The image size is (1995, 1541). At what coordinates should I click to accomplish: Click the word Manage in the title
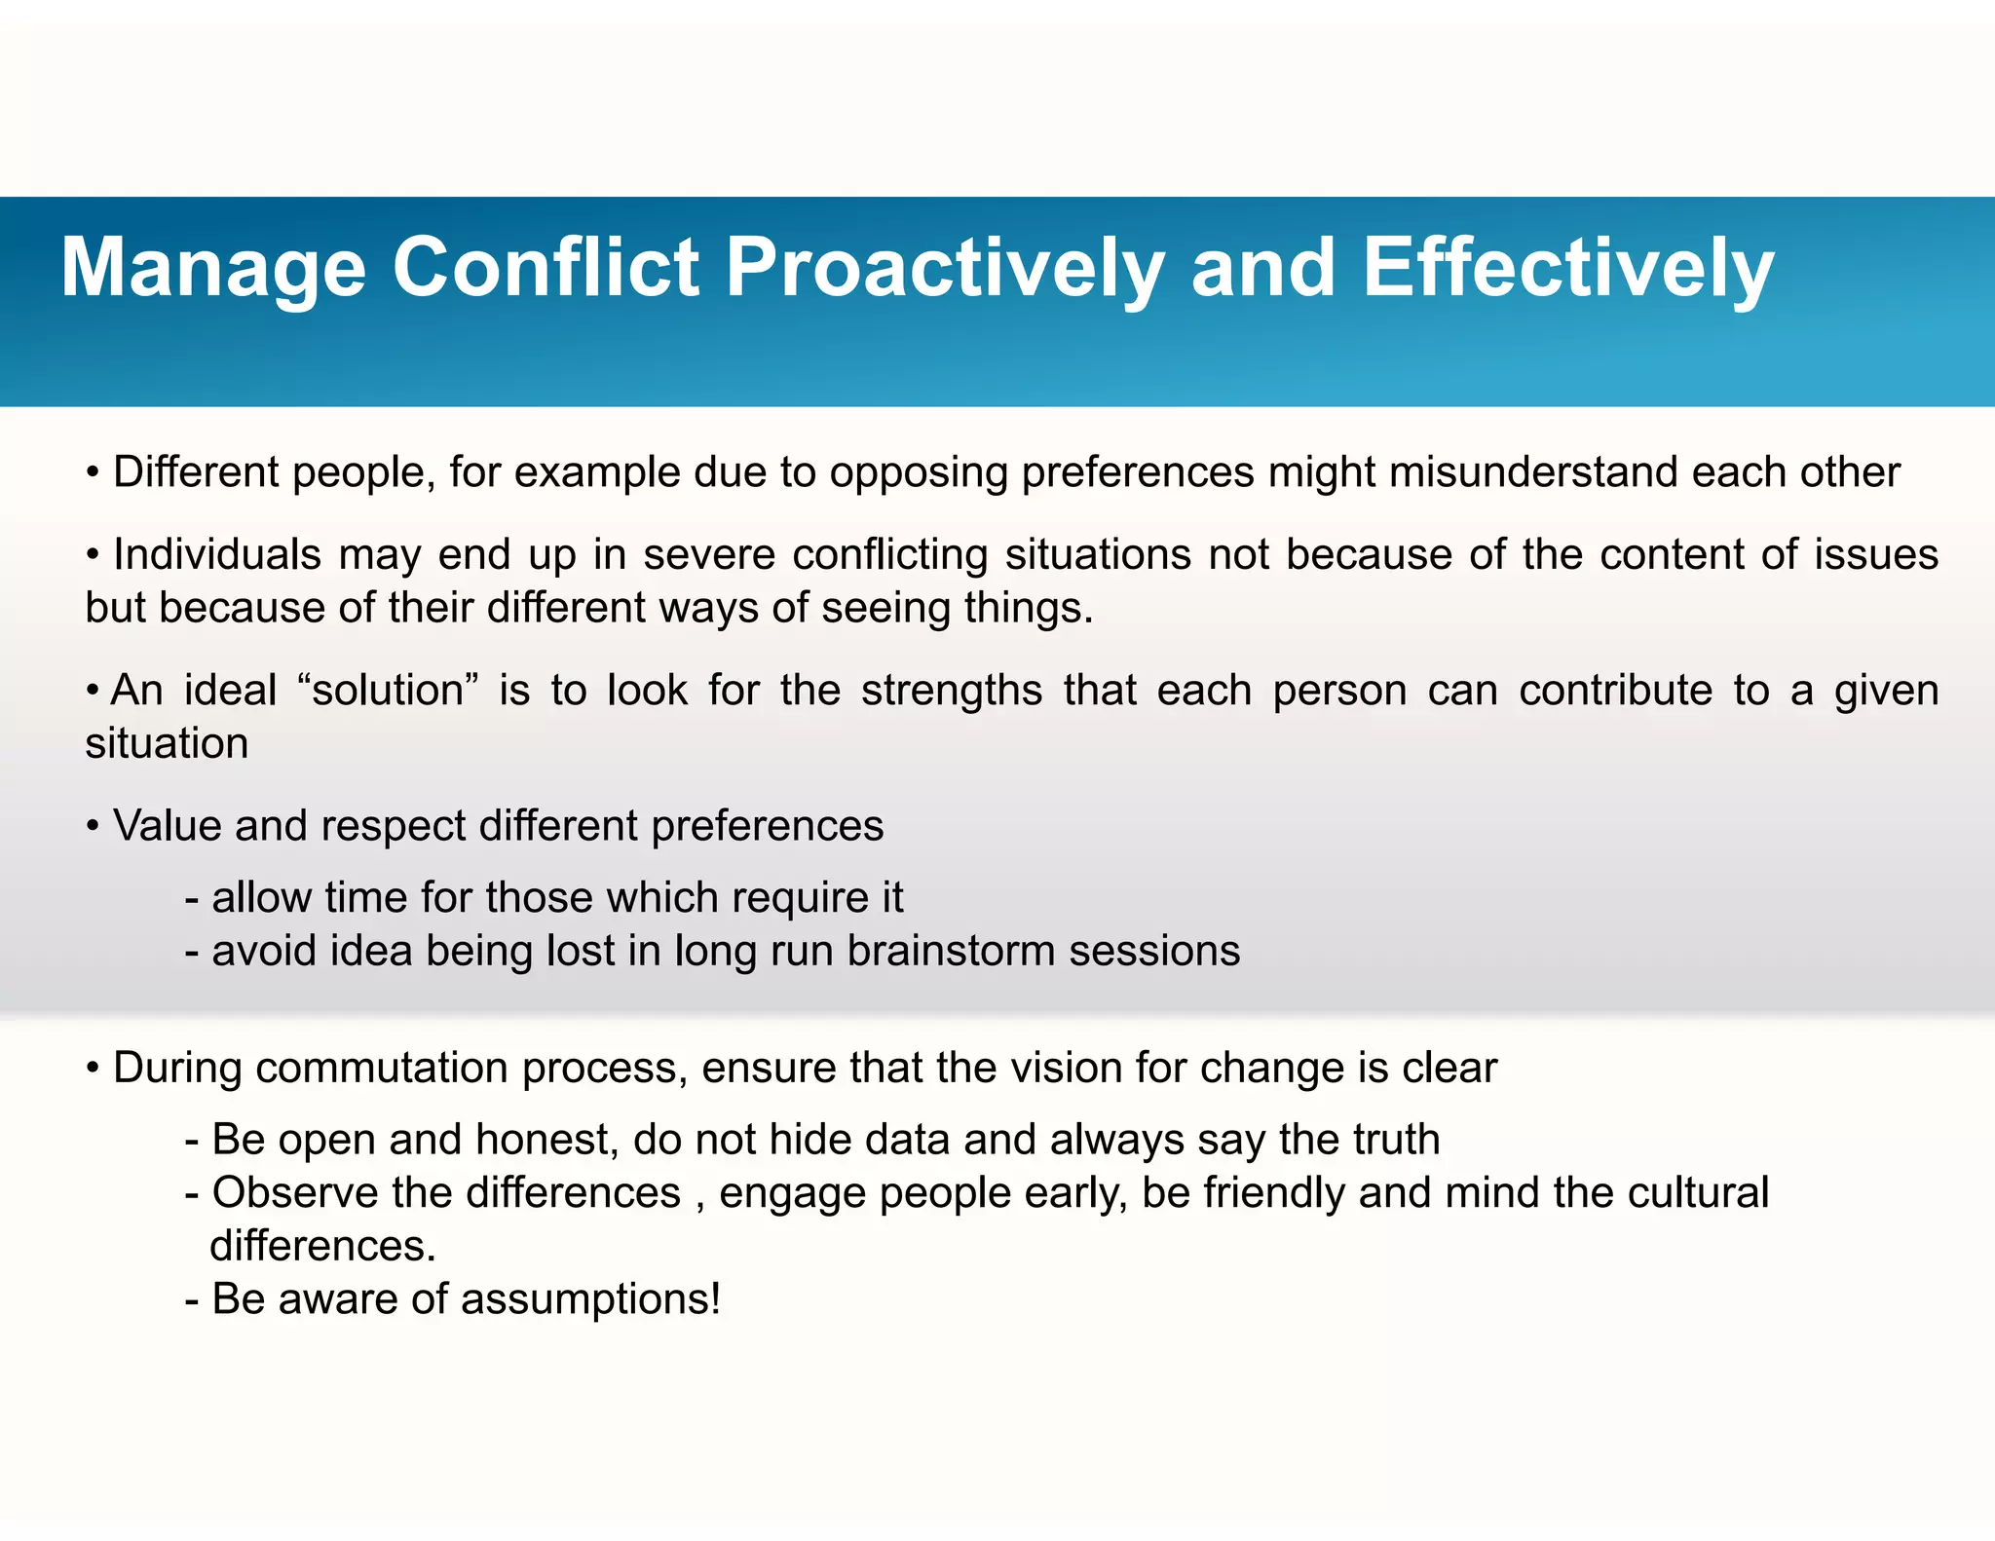pos(213,269)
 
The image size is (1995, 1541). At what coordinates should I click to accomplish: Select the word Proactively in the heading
pos(945,269)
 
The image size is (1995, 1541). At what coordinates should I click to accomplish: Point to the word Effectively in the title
pos(1567,269)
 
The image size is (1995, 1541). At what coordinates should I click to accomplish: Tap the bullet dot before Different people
pos(93,473)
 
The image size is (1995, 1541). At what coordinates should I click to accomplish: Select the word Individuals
pos(217,554)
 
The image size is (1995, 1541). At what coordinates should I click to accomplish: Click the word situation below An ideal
pos(167,744)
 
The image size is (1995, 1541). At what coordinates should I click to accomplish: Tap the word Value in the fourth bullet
pos(168,826)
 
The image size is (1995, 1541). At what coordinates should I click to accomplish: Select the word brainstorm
pos(950,951)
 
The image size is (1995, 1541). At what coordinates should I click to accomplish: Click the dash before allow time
pos(192,899)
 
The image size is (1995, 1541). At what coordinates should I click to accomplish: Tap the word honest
pos(546,1141)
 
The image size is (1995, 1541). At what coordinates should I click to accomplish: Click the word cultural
pos(1697,1193)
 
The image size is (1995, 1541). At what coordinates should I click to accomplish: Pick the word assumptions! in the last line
pos(590,1300)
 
